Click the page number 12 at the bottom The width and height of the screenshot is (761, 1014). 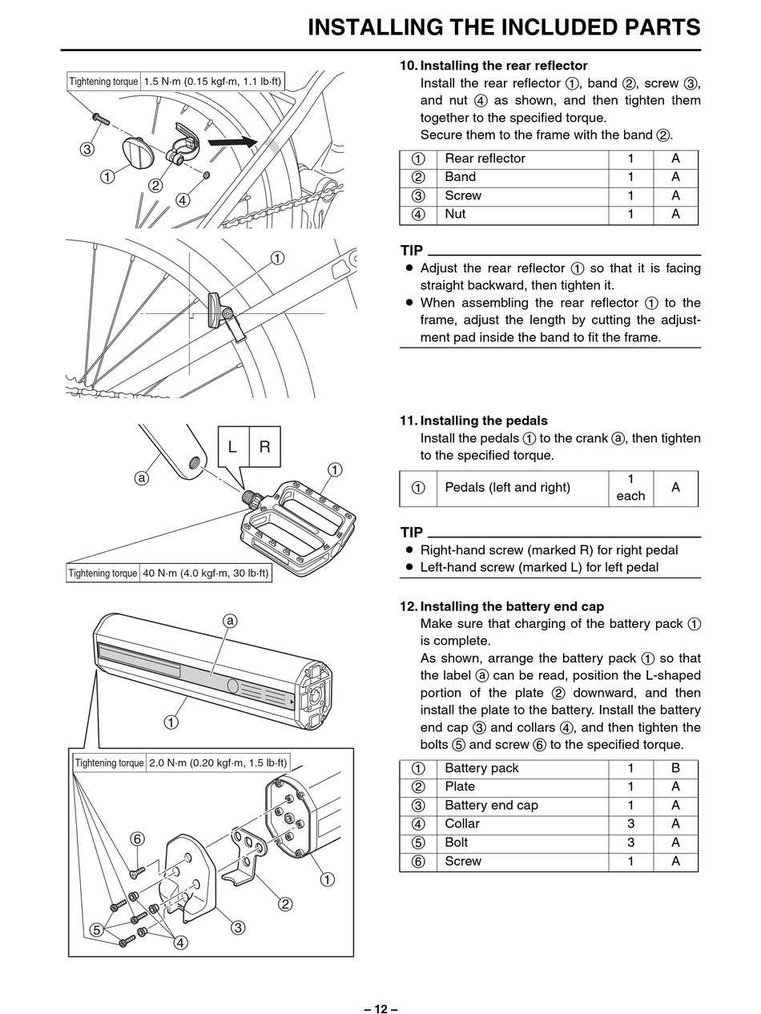point(380,1008)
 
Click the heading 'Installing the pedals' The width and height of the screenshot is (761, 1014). point(483,420)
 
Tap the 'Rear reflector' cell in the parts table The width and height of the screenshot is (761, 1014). point(485,159)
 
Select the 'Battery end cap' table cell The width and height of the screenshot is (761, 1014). point(491,805)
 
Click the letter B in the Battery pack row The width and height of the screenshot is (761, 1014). point(675,768)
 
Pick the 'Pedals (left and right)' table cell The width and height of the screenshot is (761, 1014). point(507,487)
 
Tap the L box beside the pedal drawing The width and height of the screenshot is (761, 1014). point(232,446)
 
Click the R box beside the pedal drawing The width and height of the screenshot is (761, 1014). point(265,446)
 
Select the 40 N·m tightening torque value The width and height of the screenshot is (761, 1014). point(206,573)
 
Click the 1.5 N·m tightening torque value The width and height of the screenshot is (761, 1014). point(212,81)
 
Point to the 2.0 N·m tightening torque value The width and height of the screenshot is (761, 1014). point(218,763)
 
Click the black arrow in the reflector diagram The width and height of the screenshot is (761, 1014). point(232,142)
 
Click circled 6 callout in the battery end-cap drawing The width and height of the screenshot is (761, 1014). point(137,839)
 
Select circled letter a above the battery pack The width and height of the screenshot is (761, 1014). point(231,621)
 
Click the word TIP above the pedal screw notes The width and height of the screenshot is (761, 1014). point(411,533)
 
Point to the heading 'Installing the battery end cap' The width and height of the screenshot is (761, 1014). point(512,606)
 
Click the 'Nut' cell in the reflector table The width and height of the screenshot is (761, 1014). point(455,214)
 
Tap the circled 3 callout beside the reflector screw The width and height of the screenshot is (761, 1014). point(87,149)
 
